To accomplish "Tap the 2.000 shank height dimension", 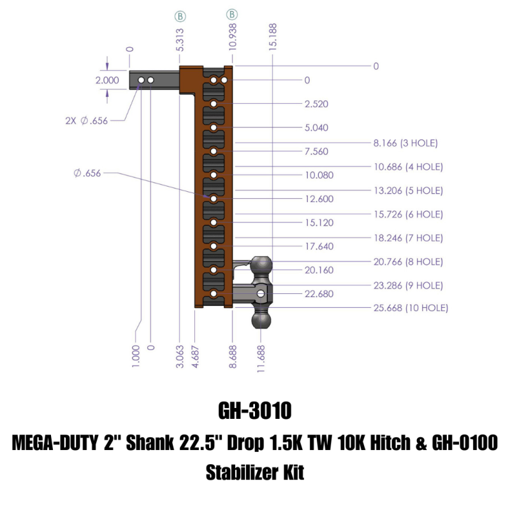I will (106, 80).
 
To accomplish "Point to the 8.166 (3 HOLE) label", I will (405, 143).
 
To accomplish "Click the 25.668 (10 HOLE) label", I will (410, 308).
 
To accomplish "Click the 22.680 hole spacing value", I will (319, 294).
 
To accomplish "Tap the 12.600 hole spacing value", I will (319, 199).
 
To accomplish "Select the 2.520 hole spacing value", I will (317, 104).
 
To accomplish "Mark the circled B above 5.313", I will (180, 13).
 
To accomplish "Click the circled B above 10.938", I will (232, 13).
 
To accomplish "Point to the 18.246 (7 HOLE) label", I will (409, 238).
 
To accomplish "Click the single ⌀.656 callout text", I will (88, 172).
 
